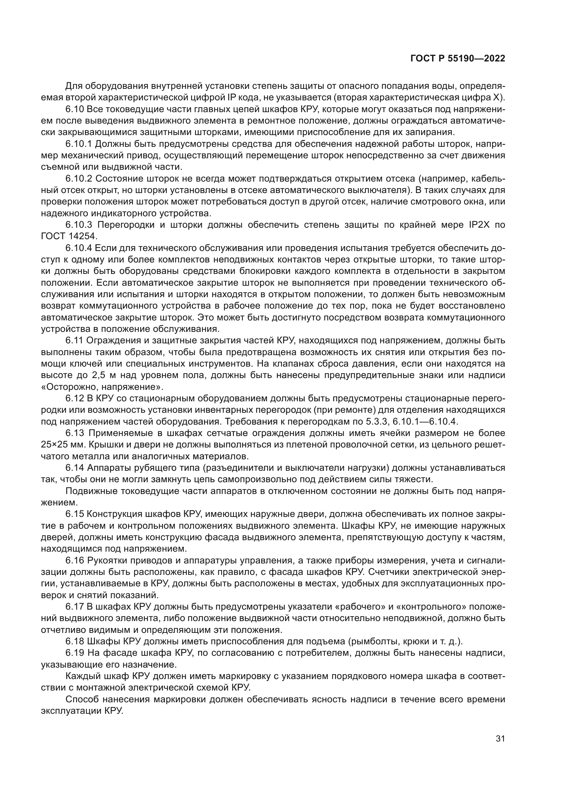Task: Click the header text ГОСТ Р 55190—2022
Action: (458, 59)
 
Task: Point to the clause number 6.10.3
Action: (79, 225)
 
